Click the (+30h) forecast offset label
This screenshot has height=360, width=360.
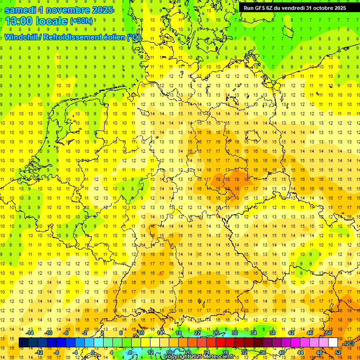coord(81,21)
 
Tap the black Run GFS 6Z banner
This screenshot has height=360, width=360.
coord(295,8)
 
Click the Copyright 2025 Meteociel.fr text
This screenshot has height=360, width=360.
coord(199,357)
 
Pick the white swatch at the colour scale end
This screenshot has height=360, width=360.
coord(333,343)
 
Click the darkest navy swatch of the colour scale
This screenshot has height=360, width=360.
coord(23,343)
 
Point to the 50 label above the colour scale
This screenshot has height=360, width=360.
coord(329,333)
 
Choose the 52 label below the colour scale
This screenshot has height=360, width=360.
coord(338,352)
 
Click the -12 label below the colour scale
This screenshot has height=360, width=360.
coord(40,352)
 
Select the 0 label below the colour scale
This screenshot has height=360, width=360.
coord(93,352)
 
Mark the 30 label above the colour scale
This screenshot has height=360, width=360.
coord(235,333)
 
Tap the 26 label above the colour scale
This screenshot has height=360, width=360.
coord(216,333)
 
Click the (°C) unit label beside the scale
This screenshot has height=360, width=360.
coord(348,343)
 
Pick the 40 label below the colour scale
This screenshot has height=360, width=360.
coord(282,352)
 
